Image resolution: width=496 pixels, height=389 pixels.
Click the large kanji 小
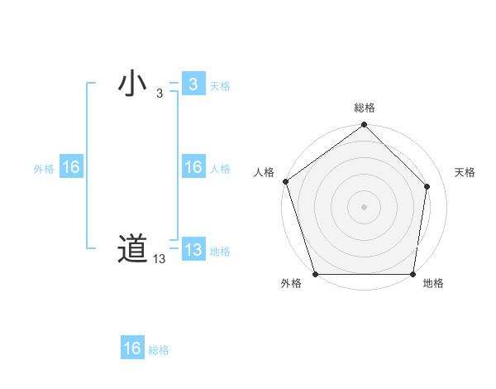[132, 84]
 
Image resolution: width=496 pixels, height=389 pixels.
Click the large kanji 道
[132, 249]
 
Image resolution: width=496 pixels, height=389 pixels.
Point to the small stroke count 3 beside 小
[160, 94]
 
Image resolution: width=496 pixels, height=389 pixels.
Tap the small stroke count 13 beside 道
[160, 259]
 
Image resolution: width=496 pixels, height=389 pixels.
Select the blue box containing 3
[193, 84]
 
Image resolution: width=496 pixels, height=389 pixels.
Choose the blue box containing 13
[193, 250]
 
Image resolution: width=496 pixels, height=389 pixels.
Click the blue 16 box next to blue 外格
[70, 167]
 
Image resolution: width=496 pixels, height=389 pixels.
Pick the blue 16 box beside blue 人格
[193, 167]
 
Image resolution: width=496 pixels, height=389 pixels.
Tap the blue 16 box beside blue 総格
[132, 348]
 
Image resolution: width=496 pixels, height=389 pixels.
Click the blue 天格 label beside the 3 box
[220, 86]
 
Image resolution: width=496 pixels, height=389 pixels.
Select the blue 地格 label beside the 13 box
[220, 252]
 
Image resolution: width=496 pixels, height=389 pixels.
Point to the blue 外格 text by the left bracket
[44, 169]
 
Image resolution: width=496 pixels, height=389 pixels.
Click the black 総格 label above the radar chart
[365, 108]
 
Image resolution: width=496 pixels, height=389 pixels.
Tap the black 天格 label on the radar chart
[465, 172]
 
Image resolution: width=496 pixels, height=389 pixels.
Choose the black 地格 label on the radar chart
[433, 284]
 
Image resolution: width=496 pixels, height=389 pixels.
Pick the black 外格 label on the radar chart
[291, 284]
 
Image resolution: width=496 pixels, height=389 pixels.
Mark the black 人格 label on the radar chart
[264, 172]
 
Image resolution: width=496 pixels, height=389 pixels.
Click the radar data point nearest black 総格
[365, 126]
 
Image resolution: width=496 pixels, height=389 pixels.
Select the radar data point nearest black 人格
[285, 181]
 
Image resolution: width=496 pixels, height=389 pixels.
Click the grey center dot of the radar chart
[365, 206]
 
